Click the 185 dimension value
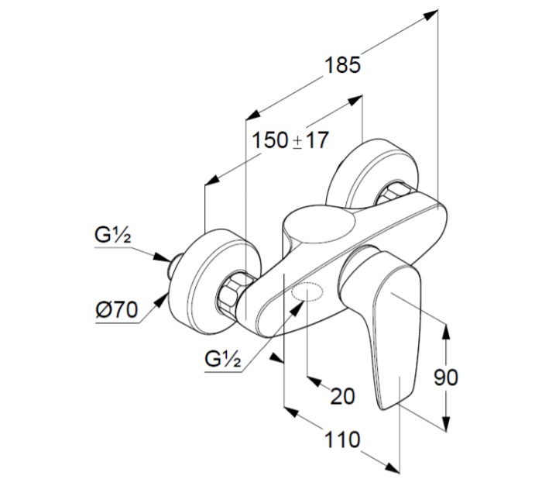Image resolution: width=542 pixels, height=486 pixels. click(342, 65)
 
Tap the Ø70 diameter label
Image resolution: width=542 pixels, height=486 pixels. click(118, 312)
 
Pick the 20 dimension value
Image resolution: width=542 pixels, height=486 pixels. click(342, 396)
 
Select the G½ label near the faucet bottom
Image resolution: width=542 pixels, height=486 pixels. click(225, 359)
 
